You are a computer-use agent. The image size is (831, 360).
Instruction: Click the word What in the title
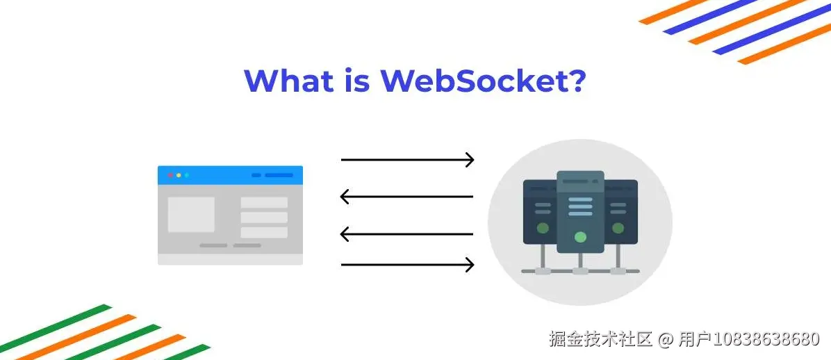pos(289,81)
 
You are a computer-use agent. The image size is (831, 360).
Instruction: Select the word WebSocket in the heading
pos(466,81)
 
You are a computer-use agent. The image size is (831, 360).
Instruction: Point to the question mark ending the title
pos(573,81)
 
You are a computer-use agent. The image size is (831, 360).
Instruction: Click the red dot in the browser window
pos(171,175)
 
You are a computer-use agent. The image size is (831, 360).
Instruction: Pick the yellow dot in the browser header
pos(179,175)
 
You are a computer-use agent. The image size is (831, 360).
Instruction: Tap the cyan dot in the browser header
pos(186,175)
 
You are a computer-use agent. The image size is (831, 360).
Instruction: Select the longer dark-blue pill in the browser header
pos(279,175)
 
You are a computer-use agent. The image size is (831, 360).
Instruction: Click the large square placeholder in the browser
pos(191,214)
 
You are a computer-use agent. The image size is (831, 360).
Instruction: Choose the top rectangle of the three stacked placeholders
pos(264,202)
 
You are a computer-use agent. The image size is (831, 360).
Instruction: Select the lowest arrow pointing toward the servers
pos(408,264)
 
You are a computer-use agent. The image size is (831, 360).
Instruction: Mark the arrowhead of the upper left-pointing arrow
pos(345,197)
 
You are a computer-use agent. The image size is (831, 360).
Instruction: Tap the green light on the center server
pos(580,237)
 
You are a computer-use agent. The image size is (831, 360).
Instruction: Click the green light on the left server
pos(543,229)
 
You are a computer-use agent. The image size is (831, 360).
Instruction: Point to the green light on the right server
pos(618,229)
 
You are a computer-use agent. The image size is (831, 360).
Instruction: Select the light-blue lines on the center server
pos(580,207)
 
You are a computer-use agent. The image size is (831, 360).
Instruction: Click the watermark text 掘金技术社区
pos(601,338)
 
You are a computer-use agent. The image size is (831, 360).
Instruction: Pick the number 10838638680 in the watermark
pos(766,338)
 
